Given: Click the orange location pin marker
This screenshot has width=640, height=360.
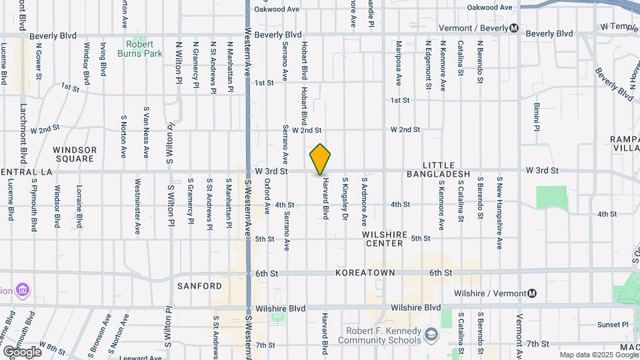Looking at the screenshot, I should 321,159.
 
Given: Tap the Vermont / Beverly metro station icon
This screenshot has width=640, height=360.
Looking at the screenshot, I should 513,29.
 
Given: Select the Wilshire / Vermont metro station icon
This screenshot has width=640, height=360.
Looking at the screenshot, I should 532,293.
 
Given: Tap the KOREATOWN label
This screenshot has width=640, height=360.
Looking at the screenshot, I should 365,273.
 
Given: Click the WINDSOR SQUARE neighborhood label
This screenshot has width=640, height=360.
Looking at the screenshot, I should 75,154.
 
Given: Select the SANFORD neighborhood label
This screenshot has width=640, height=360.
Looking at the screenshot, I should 199,286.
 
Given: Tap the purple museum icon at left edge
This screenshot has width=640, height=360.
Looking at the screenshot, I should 23,291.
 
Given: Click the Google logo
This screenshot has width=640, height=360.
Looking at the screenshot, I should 22,351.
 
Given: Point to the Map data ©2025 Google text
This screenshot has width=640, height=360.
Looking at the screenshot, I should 598,355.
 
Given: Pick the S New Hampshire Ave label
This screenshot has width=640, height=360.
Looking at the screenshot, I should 499,213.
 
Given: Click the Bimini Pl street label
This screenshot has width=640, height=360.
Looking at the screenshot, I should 536,117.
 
